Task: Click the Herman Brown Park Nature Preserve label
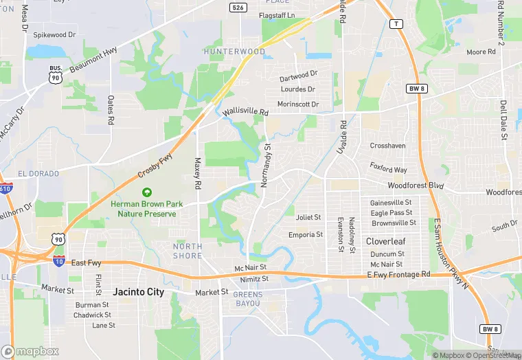click(x=144, y=209)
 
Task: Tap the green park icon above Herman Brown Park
click(x=145, y=193)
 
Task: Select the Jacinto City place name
click(x=139, y=292)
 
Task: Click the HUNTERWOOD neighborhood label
click(x=234, y=52)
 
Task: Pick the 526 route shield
click(x=238, y=7)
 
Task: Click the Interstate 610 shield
click(x=5, y=188)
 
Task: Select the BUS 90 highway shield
click(x=55, y=75)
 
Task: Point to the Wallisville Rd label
click(x=244, y=110)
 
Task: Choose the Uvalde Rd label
click(x=342, y=135)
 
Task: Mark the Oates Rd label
click(x=110, y=110)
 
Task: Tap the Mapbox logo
click(x=30, y=351)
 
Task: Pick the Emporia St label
click(x=306, y=235)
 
